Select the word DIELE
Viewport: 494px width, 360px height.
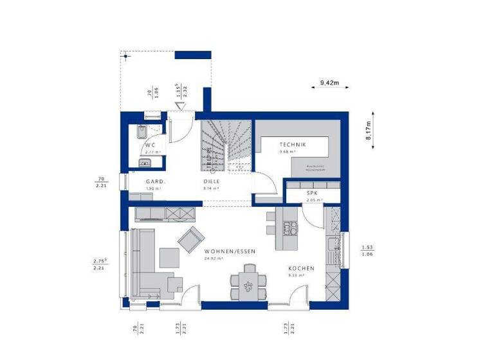click(212, 182)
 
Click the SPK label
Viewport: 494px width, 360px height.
click(312, 193)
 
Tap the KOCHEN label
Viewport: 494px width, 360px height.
click(301, 268)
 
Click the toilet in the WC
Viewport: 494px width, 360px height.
click(140, 134)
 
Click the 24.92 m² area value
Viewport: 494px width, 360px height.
click(212, 258)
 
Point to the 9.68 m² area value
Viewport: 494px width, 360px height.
click(286, 152)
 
